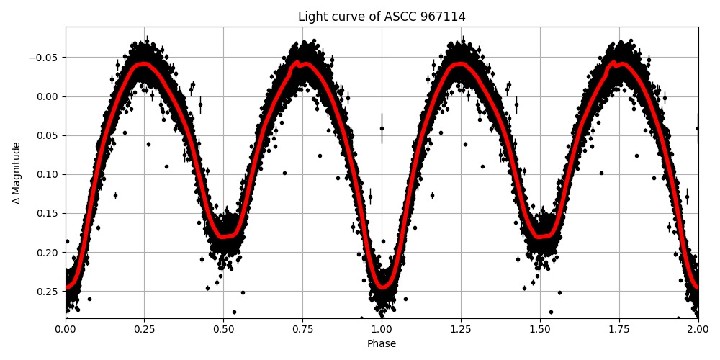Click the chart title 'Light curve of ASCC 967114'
(x=382, y=17)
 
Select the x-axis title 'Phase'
(x=382, y=344)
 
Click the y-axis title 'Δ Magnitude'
(x=17, y=173)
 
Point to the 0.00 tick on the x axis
(x=66, y=329)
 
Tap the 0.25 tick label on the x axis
(x=145, y=329)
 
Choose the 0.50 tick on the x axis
(x=224, y=329)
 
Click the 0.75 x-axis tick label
(x=302, y=329)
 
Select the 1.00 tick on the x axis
(x=382, y=329)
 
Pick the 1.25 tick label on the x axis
(x=461, y=329)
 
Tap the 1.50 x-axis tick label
(x=540, y=329)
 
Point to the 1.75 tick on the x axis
(x=619, y=329)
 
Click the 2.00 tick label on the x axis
(x=698, y=329)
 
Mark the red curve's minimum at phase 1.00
(x=382, y=287)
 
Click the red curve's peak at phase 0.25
(x=145, y=64)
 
